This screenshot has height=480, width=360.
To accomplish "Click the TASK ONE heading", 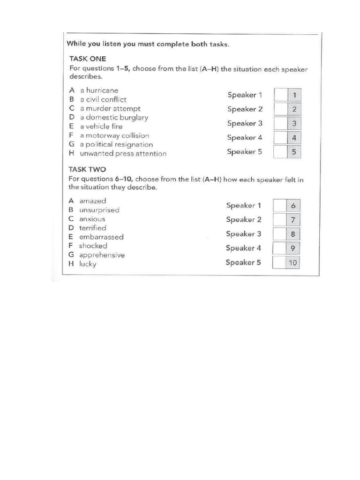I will click(88, 59).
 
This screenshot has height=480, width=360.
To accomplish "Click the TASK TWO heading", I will click(88, 169).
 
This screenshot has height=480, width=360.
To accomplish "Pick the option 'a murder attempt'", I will click(110, 108).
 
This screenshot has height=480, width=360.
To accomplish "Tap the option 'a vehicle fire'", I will click(101, 127).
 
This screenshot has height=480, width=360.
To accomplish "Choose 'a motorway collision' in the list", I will click(114, 135).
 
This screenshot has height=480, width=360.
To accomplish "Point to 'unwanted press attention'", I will click(123, 154).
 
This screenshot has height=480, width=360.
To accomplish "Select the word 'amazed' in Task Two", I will click(93, 201).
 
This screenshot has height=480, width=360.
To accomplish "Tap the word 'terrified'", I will click(93, 228).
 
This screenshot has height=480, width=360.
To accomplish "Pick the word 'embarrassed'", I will click(101, 237).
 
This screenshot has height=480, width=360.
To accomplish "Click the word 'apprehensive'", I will click(102, 255).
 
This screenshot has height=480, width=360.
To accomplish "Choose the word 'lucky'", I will click(88, 264).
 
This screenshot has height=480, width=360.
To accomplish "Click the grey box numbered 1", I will click(294, 95).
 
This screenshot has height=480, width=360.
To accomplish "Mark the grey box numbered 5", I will click(294, 152).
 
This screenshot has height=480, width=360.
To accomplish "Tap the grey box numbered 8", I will click(293, 234).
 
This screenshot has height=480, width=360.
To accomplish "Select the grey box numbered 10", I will click(293, 262).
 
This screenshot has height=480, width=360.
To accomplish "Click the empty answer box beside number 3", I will click(280, 124).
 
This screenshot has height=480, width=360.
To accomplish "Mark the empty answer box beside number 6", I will click(279, 206).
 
